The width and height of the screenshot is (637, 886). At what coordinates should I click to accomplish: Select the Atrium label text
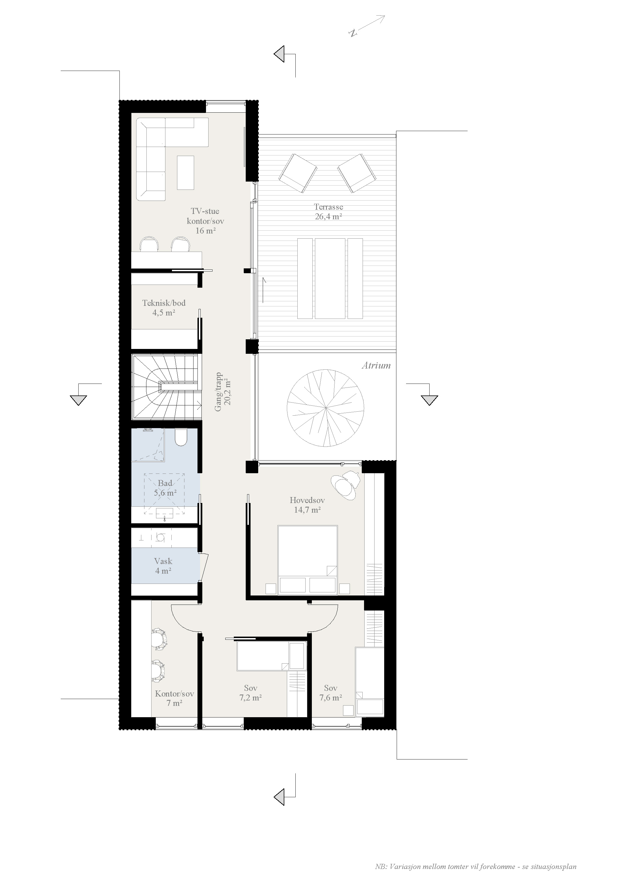click(376, 365)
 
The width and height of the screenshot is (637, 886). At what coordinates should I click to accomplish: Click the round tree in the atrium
click(325, 408)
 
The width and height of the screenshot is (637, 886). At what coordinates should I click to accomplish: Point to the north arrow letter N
click(353, 33)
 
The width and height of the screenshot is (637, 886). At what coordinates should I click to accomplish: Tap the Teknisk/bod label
click(164, 303)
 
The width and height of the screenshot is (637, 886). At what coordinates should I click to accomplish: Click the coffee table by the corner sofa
click(186, 173)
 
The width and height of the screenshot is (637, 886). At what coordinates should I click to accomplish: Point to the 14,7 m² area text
click(308, 510)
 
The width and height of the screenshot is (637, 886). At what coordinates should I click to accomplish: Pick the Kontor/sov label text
click(174, 694)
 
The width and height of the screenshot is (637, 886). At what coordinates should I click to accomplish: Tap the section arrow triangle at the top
click(279, 54)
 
